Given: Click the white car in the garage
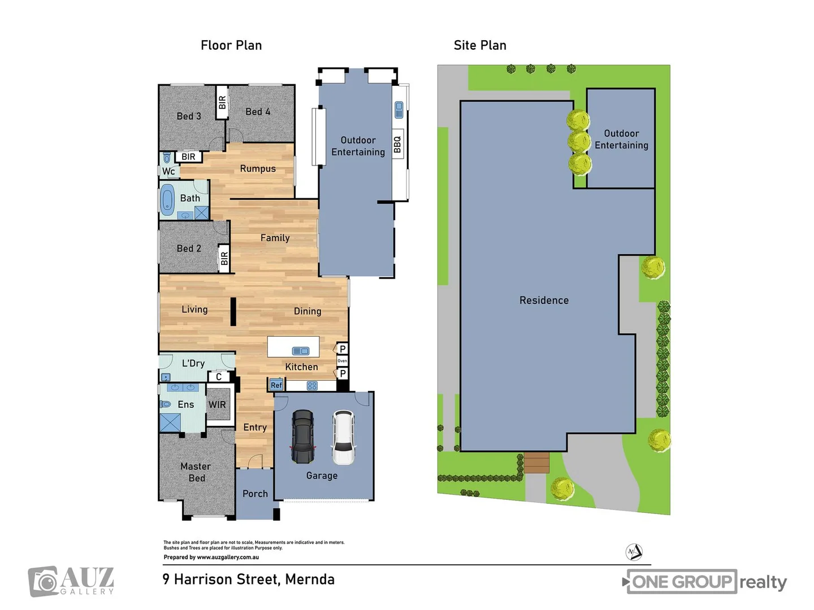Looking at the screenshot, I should tap(343, 437).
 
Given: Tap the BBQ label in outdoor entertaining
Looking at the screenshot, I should tap(397, 145).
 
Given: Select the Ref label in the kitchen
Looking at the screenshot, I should tap(276, 385).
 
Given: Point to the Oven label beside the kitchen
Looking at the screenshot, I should tap(342, 361).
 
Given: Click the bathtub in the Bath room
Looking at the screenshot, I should tap(167, 199).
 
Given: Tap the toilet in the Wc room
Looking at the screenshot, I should tap(167, 158).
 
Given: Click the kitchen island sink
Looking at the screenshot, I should tap(301, 351).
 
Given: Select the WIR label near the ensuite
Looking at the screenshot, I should tap(217, 404).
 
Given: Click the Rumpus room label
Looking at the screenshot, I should tap(258, 168).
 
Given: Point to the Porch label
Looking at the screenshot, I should tap(255, 494).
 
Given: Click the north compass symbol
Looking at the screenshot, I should tap(634, 552).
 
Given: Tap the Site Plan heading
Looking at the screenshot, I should tap(480, 45).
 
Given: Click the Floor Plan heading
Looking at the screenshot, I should tap(231, 45).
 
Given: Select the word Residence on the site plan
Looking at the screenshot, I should tap(544, 300).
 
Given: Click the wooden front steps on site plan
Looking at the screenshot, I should tap(536, 463).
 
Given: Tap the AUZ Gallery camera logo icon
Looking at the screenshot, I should tap(44, 581).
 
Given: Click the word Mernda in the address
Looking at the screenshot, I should tap(310, 579).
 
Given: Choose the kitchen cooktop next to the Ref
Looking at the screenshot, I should tap(312, 386).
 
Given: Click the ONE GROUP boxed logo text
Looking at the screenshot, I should tap(682, 582).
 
